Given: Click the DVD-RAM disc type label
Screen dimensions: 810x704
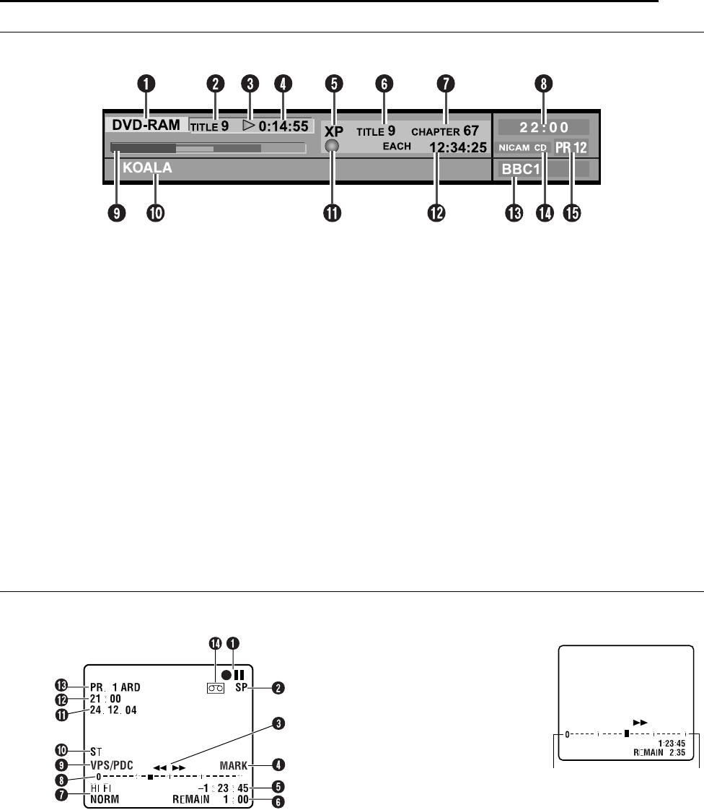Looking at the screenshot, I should (146, 125).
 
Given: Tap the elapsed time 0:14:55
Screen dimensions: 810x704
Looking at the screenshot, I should (284, 126).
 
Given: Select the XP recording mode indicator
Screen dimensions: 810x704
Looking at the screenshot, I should (334, 132).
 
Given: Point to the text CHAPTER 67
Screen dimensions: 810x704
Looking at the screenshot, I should (445, 132).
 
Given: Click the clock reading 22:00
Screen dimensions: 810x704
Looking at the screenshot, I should (543, 127).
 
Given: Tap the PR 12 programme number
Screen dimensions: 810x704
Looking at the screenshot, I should (571, 147).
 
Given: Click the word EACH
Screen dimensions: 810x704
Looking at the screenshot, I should (396, 147).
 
